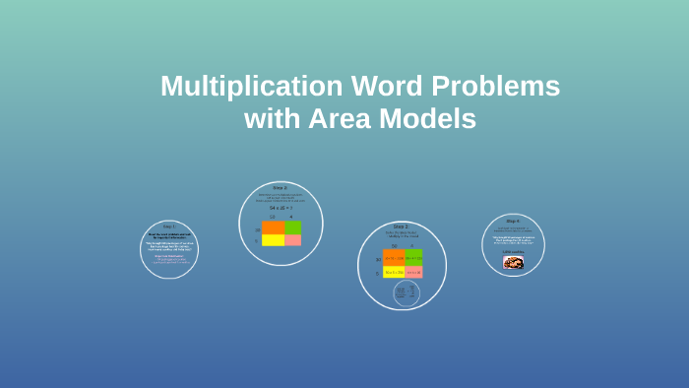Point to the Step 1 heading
pos(169,226)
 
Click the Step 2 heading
pos(281,187)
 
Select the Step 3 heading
pos(401,226)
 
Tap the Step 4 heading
pos(513,221)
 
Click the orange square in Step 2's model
pos(273,227)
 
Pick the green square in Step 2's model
pos(293,227)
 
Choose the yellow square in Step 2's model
pos(273,240)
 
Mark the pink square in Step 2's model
pos(293,240)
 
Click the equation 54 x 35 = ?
pos(281,208)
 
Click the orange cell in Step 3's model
pos(394,258)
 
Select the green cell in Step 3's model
pos(414,258)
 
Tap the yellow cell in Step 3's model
pos(394,272)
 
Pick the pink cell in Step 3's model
pos(414,272)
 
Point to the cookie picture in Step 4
pos(514,263)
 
